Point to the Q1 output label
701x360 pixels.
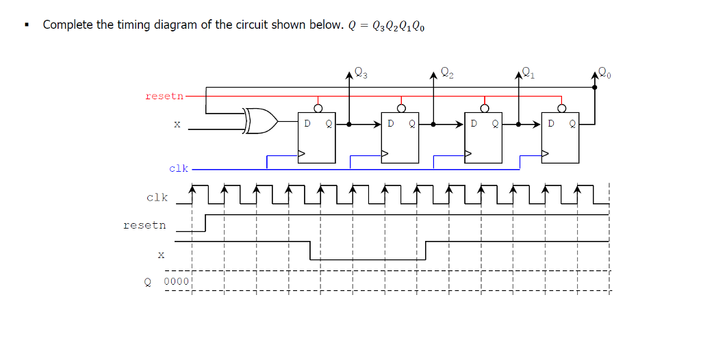point(528,73)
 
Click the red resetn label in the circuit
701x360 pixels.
point(164,97)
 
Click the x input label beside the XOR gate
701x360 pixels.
point(177,125)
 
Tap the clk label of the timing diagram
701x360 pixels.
point(157,198)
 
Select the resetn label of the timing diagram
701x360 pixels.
point(144,225)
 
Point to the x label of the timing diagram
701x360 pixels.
point(161,255)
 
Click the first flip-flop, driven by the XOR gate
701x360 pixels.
point(316,138)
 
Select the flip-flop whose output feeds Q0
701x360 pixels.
point(560,138)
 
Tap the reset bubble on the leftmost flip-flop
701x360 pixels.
point(317,107)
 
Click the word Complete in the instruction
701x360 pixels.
point(68,25)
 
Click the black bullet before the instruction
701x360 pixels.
point(27,26)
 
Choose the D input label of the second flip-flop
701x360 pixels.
point(391,125)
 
